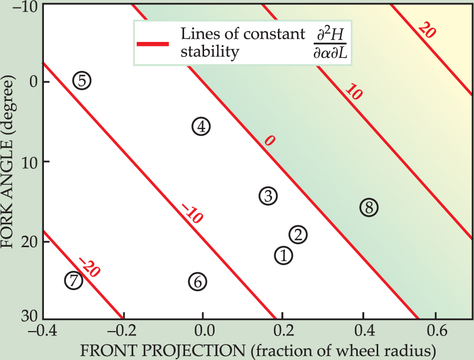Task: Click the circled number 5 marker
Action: pyautogui.click(x=82, y=80)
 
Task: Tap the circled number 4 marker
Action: pyautogui.click(x=201, y=127)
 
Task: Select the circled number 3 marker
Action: pyautogui.click(x=268, y=196)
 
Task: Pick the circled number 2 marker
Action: pyautogui.click(x=298, y=234)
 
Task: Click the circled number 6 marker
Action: pyautogui.click(x=198, y=282)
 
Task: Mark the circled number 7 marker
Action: pyautogui.click(x=74, y=281)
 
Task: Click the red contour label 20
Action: pyautogui.click(x=428, y=31)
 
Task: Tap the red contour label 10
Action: pyautogui.click(x=353, y=92)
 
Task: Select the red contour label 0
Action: pyautogui.click(x=269, y=141)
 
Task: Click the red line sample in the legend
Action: pyautogui.click(x=153, y=43)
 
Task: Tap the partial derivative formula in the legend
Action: pyautogui.click(x=329, y=43)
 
